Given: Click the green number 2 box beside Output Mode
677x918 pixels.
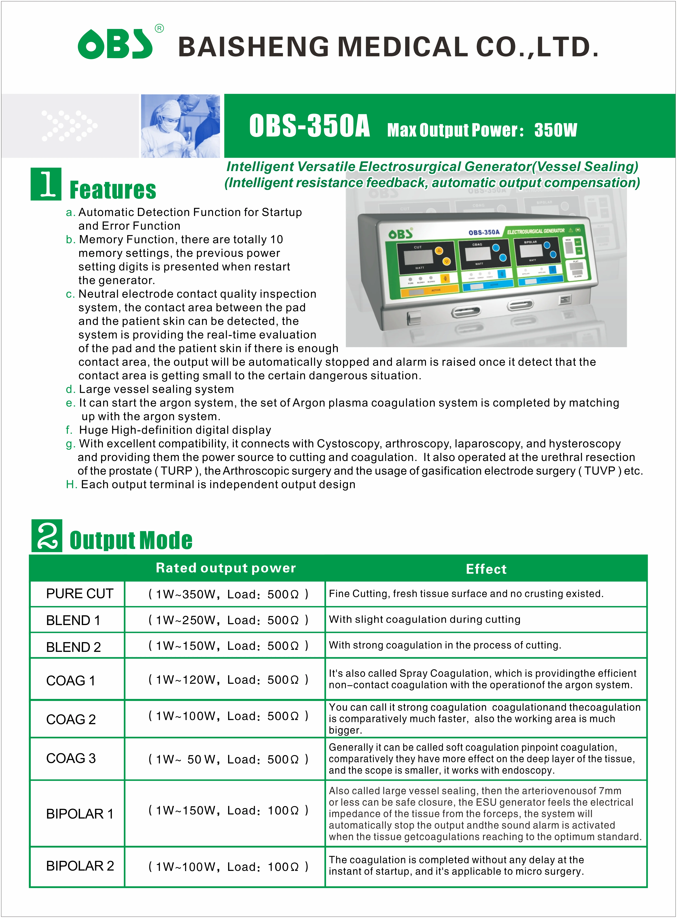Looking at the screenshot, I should click(x=47, y=536).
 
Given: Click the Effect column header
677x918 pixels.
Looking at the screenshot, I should click(x=486, y=569).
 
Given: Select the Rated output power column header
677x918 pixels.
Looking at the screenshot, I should click(x=226, y=568).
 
